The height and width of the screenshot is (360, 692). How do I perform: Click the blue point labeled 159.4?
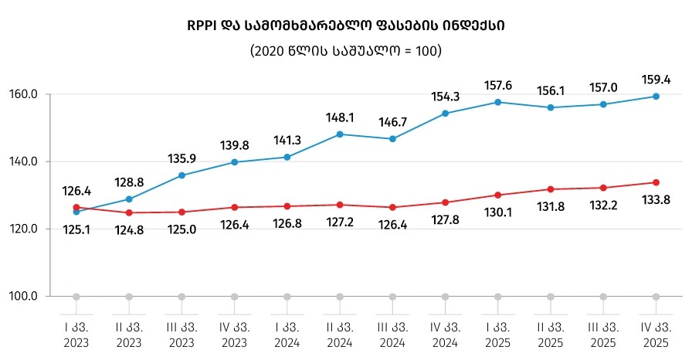click(x=656, y=97)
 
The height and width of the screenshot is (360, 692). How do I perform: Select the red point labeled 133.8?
click(x=656, y=182)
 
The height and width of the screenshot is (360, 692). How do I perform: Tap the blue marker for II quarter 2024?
click(x=340, y=134)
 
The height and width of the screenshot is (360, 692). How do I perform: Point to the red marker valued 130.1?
click(x=497, y=195)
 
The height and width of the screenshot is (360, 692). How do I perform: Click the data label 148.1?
click(x=340, y=118)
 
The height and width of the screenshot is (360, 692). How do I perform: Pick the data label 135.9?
click(x=181, y=159)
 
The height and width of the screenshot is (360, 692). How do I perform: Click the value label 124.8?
click(x=128, y=229)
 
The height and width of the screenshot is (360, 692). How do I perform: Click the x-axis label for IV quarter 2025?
click(x=656, y=334)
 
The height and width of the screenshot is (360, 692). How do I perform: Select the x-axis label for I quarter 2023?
click(x=76, y=334)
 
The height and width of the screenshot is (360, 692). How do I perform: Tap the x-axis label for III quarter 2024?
click(x=392, y=334)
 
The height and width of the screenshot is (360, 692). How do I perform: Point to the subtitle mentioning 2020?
click(x=344, y=51)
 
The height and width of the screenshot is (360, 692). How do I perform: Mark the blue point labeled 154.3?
click(x=445, y=114)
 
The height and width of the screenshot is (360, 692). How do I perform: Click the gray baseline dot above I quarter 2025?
click(x=497, y=297)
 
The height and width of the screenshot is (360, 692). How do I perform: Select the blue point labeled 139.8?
click(x=234, y=162)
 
